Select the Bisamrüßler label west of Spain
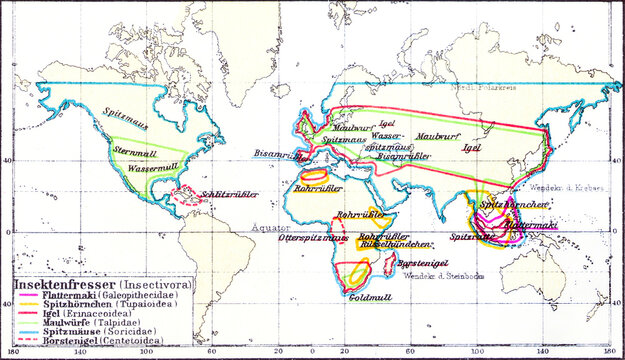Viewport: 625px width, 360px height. tap(275, 155)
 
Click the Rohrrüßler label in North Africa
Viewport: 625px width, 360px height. tap(323, 189)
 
